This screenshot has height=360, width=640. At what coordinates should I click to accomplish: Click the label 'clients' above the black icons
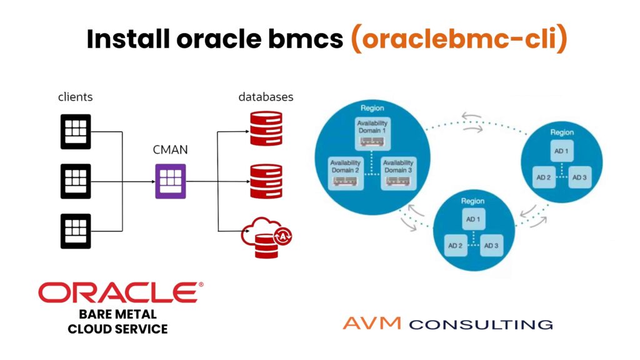76,97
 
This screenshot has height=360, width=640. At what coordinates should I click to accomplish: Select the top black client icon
76,132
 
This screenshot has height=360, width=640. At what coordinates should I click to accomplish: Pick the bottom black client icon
76,231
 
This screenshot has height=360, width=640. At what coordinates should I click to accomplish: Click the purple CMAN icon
171,181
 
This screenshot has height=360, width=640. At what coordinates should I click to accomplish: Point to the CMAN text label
170,150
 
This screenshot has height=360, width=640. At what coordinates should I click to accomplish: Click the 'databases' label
266,97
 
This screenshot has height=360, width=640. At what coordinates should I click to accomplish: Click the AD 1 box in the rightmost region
561,151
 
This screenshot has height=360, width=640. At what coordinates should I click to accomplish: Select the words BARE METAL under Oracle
117,314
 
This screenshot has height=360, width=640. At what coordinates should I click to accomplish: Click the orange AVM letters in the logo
372,324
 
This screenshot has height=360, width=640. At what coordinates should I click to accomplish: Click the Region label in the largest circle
372,108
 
